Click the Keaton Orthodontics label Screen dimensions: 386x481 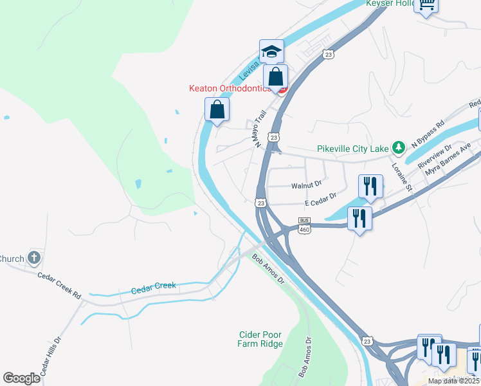coord(228,88)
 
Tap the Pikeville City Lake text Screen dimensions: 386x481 coord(354,149)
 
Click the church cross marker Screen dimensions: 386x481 coord(35,259)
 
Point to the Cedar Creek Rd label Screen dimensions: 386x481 coord(59,286)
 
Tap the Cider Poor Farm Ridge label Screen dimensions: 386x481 coord(260,339)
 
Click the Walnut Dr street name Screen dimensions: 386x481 coord(306,185)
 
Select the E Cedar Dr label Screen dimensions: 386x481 coord(321,199)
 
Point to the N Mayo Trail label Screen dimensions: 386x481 coord(260,129)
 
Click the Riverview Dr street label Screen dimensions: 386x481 coord(435,156)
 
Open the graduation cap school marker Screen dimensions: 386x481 coord(271,51)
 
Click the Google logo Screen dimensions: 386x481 coord(21,378)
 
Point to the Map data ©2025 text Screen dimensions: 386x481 coord(453,381)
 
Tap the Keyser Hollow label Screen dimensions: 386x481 coord(390,3)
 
